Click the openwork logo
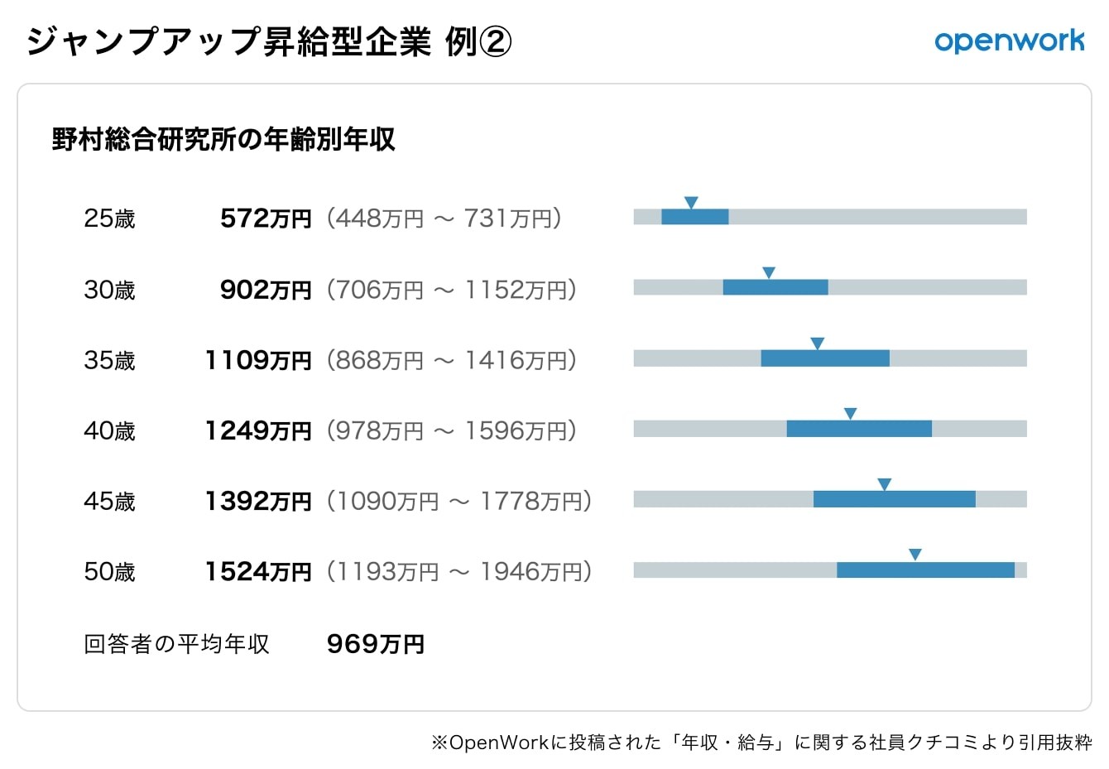click(x=1009, y=41)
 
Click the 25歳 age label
click(x=109, y=219)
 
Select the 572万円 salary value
click(x=266, y=219)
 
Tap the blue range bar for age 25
click(x=694, y=217)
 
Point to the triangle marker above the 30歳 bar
click(x=768, y=272)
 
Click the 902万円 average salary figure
click(x=266, y=290)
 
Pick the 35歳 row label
click(x=109, y=360)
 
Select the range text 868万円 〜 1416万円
click(x=451, y=360)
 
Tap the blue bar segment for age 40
click(x=859, y=429)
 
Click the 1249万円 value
click(x=258, y=430)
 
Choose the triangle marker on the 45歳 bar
click(x=884, y=484)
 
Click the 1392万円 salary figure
click(x=258, y=501)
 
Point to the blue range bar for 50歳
click(x=925, y=570)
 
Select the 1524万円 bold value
click(x=258, y=571)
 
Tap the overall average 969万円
click(x=375, y=644)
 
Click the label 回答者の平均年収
click(x=176, y=644)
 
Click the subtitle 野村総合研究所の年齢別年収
click(x=223, y=139)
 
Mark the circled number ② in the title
click(x=495, y=41)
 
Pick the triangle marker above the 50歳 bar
click(x=915, y=555)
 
